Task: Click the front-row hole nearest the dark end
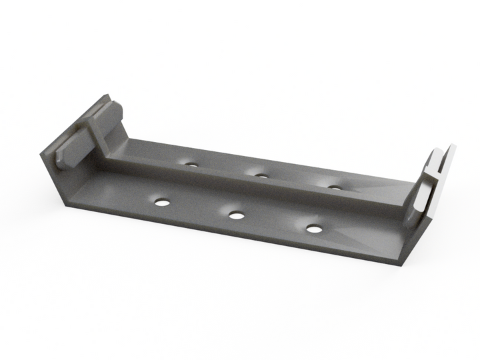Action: pos(161,201)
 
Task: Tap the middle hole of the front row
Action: pos(235,215)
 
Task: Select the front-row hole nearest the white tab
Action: pos(314,229)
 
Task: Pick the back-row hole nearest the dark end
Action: pos(191,164)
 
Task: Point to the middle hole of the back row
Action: pos(261,176)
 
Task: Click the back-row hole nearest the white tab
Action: pos(335,187)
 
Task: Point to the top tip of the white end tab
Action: pos(453,146)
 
